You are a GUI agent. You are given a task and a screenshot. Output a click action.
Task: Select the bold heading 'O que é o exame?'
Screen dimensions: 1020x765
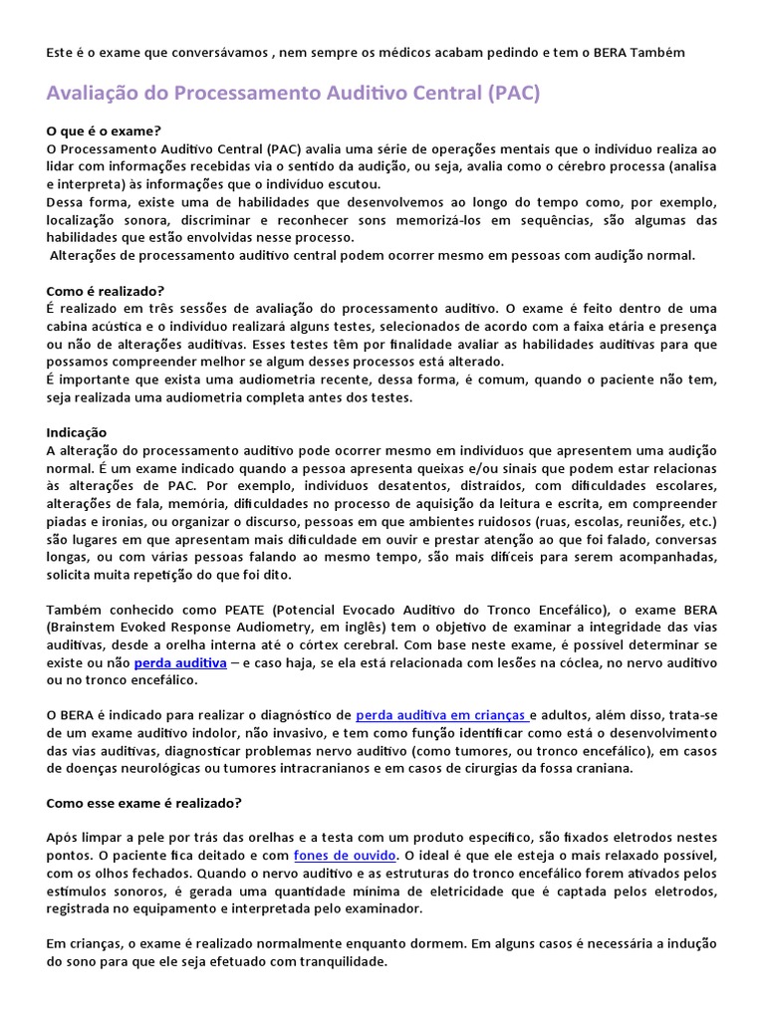pyautogui.click(x=104, y=130)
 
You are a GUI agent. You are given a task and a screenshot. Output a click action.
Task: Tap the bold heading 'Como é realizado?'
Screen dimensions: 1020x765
pyautogui.click(x=106, y=291)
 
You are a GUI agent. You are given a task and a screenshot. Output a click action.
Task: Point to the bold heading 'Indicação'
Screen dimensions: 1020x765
pyautogui.click(x=77, y=432)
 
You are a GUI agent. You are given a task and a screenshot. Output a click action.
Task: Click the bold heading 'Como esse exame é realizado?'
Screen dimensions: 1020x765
pyautogui.click(x=144, y=802)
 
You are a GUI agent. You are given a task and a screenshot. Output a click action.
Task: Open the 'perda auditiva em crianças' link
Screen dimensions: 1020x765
pyautogui.click(x=441, y=714)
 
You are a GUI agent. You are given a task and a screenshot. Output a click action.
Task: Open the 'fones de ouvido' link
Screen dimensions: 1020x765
pyautogui.click(x=346, y=856)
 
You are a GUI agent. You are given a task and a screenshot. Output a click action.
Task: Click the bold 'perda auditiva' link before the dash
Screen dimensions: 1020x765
pyautogui.click(x=180, y=662)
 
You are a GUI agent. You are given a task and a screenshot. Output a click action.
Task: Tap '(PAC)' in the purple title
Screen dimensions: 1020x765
pyautogui.click(x=514, y=94)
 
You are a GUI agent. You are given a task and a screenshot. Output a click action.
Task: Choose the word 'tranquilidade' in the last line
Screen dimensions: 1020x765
pyautogui.click(x=340, y=962)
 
